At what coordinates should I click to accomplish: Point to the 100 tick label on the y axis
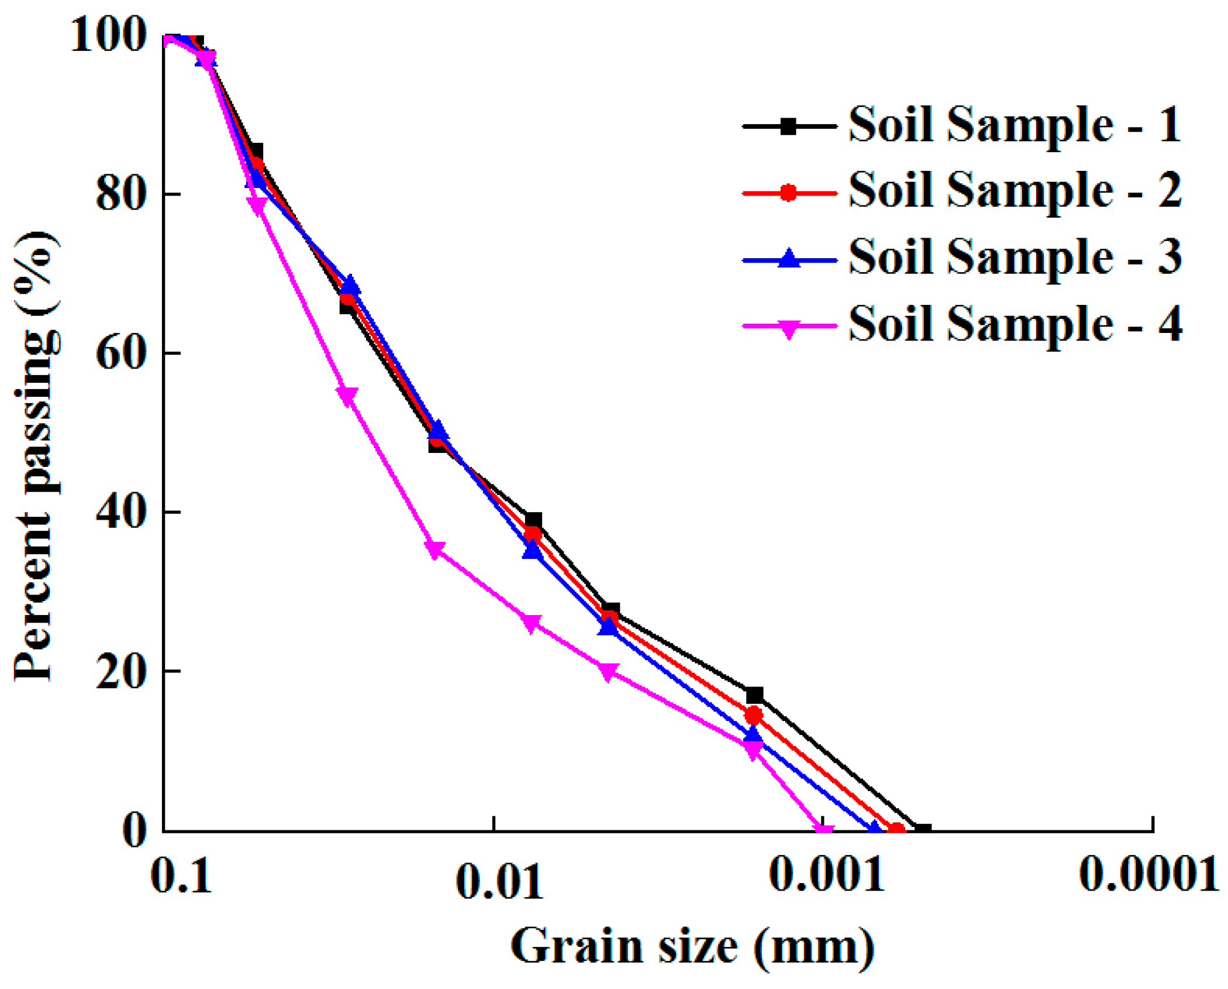pyautogui.click(x=108, y=35)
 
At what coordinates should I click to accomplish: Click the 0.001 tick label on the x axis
pyautogui.click(x=826, y=875)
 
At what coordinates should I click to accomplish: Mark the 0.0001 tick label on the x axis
pyautogui.click(x=1148, y=875)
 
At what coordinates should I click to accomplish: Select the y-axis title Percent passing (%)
pyautogui.click(x=36, y=456)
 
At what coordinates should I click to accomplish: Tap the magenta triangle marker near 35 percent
pyautogui.click(x=435, y=550)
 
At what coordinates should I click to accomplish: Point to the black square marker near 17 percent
pyautogui.click(x=754, y=695)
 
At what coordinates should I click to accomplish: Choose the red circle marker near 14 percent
pyautogui.click(x=754, y=715)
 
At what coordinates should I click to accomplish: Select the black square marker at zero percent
pyautogui.click(x=923, y=830)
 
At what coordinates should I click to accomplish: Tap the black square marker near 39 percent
pyautogui.click(x=533, y=520)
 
